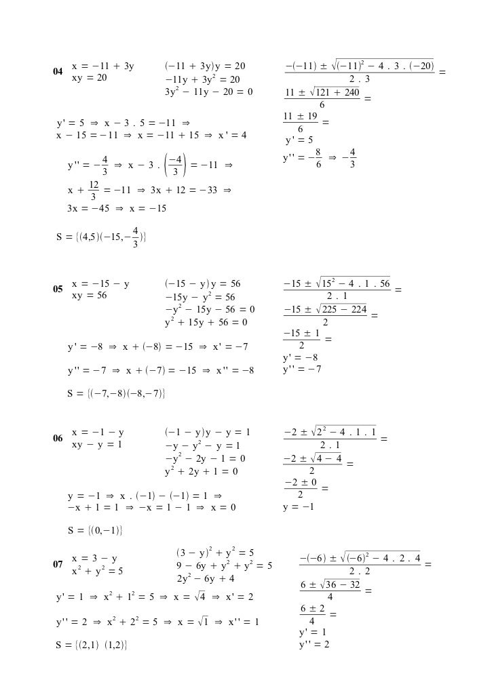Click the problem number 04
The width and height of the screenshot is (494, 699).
(x=58, y=71)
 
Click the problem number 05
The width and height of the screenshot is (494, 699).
(x=58, y=289)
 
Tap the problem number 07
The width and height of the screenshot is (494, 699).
(x=58, y=564)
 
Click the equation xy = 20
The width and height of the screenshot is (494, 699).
(x=90, y=78)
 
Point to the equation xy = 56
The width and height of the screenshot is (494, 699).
(x=90, y=296)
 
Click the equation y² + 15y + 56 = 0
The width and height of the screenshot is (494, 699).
(x=206, y=323)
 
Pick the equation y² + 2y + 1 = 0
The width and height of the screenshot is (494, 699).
(x=201, y=471)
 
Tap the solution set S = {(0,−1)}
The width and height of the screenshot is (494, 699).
(x=94, y=530)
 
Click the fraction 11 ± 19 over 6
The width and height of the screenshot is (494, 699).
(x=300, y=122)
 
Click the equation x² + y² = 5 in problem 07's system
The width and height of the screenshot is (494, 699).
(x=97, y=571)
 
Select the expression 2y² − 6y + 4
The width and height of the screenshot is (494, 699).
(x=206, y=578)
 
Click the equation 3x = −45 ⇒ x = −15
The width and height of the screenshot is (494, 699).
(x=117, y=209)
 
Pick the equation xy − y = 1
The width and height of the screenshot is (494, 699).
(x=97, y=445)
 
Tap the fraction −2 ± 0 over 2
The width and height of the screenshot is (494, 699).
(x=301, y=487)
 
